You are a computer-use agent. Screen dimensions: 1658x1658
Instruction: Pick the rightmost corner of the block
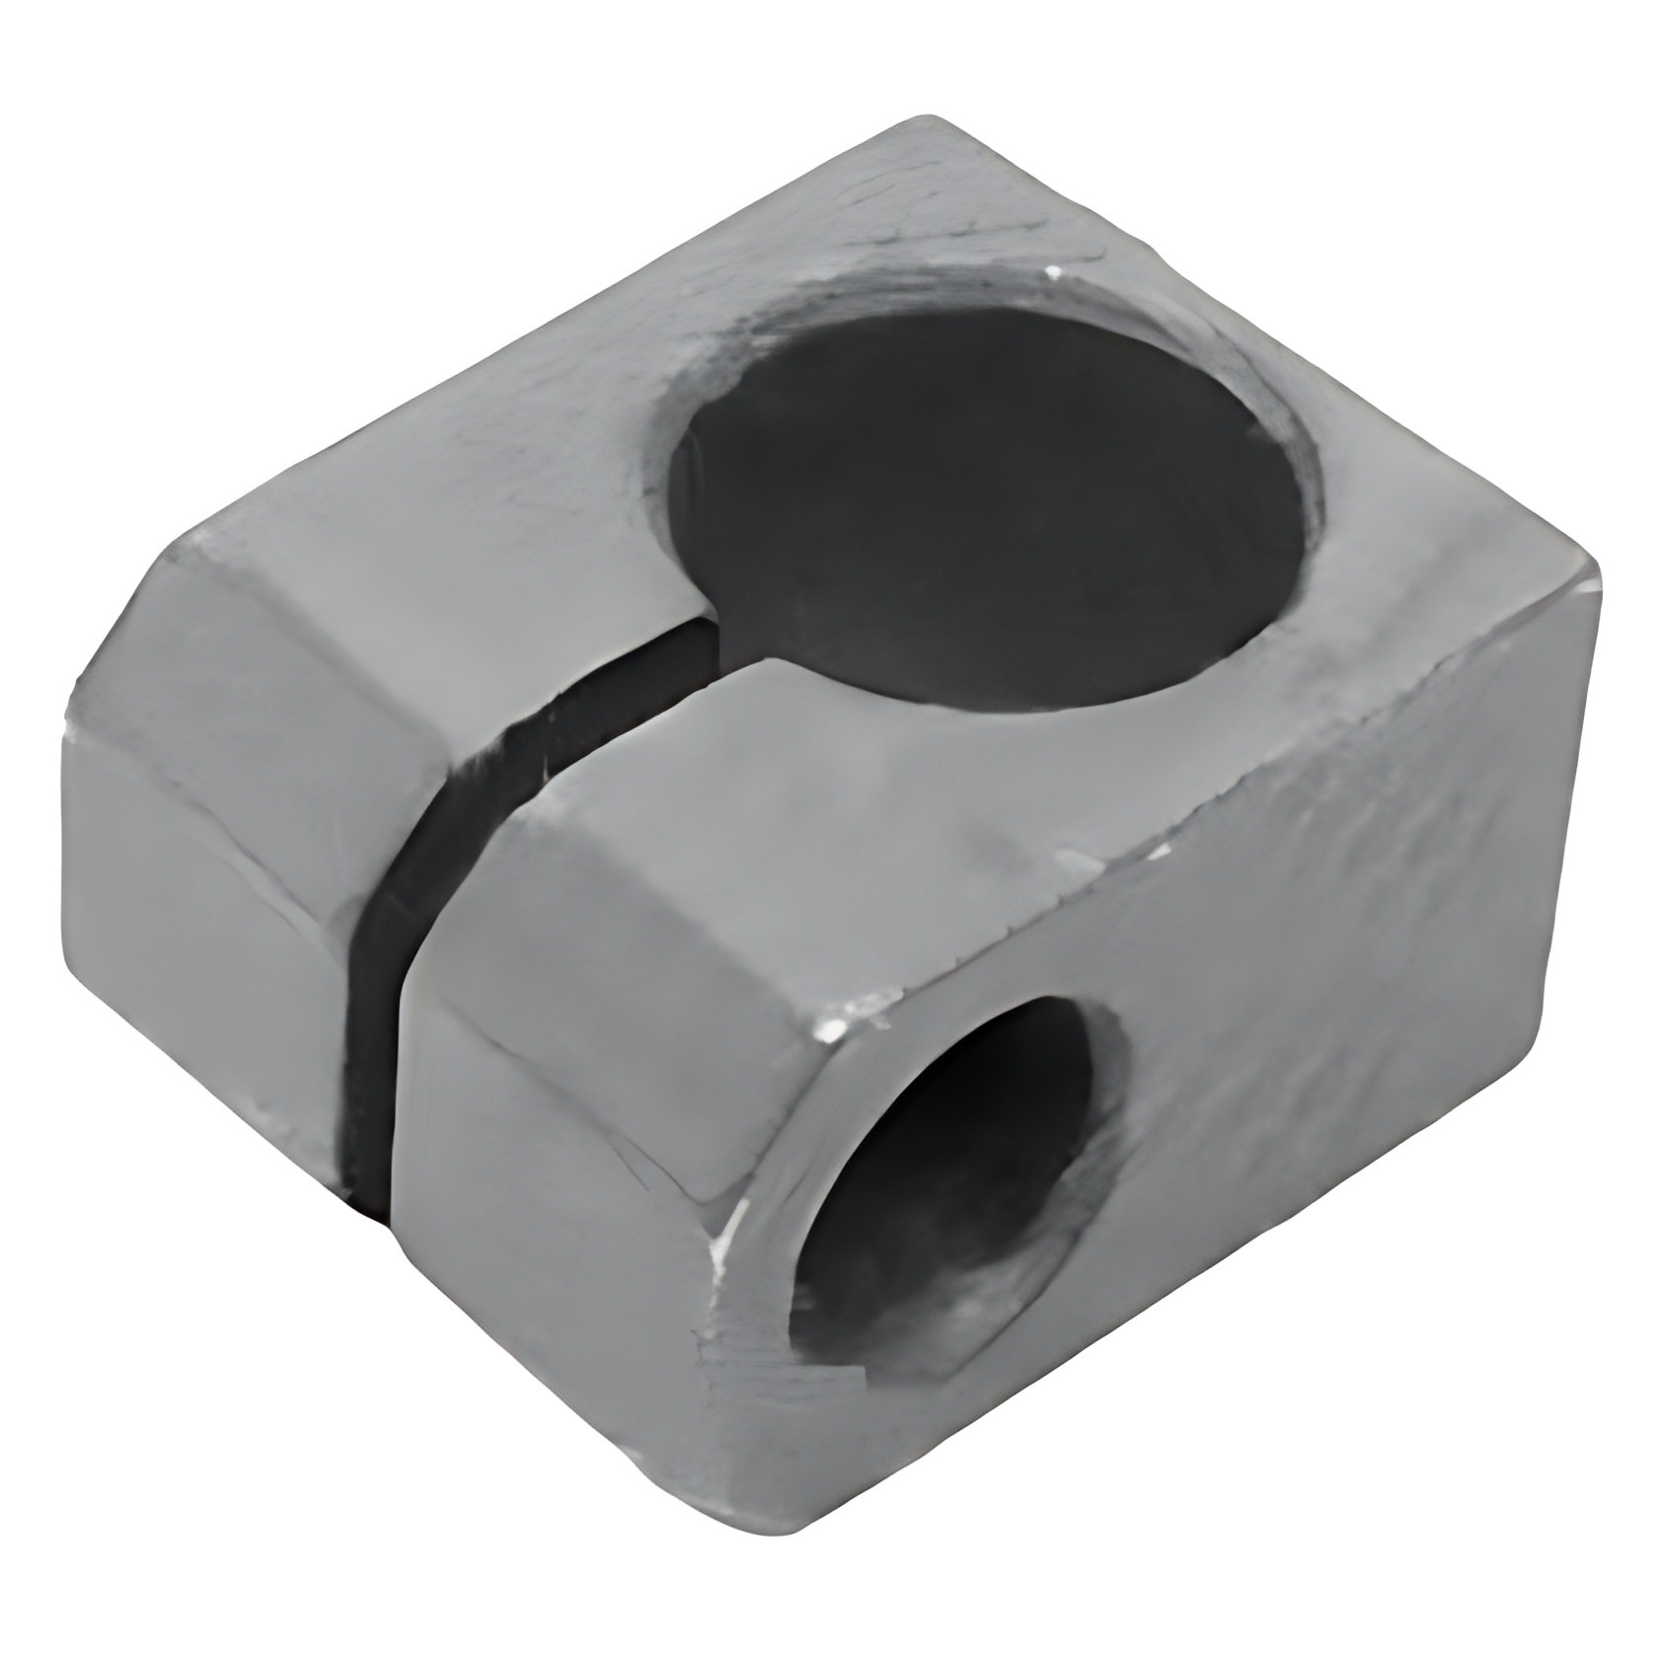(1594, 572)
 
